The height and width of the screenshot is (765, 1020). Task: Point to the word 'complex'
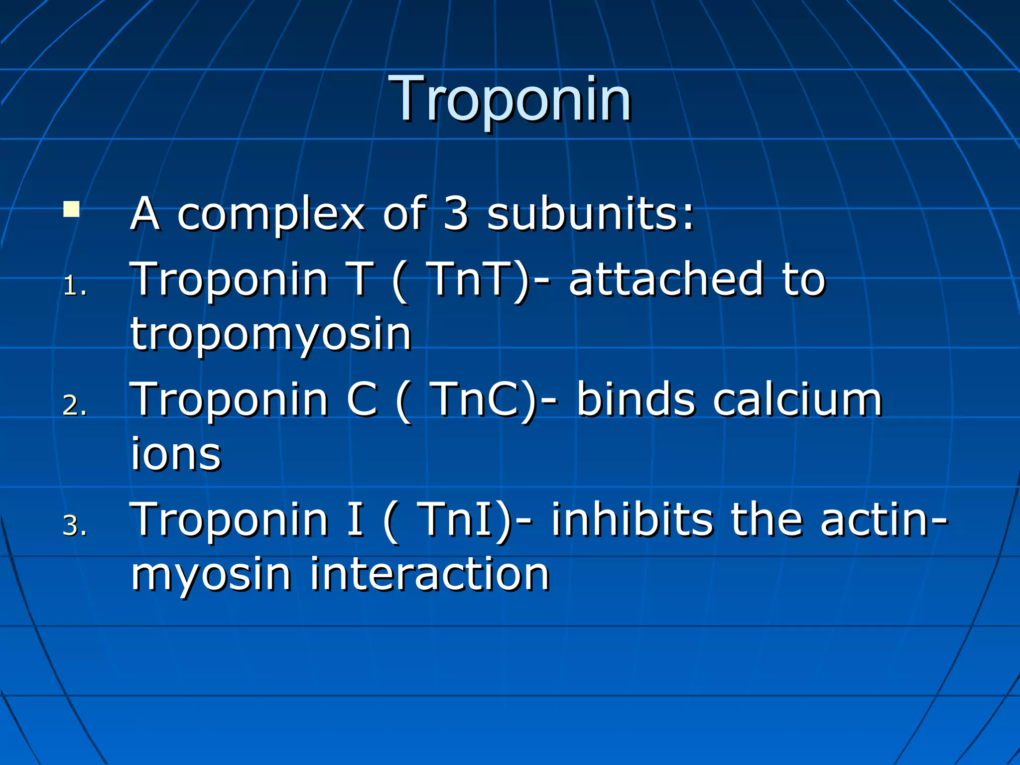271,215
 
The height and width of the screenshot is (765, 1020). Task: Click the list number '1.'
75,286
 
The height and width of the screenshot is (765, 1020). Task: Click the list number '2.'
75,405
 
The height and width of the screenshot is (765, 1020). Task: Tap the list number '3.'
75,526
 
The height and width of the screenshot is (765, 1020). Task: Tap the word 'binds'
636,399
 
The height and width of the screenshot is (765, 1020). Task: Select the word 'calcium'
797,399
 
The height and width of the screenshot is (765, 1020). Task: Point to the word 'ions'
176,454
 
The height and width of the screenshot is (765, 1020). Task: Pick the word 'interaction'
429,574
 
